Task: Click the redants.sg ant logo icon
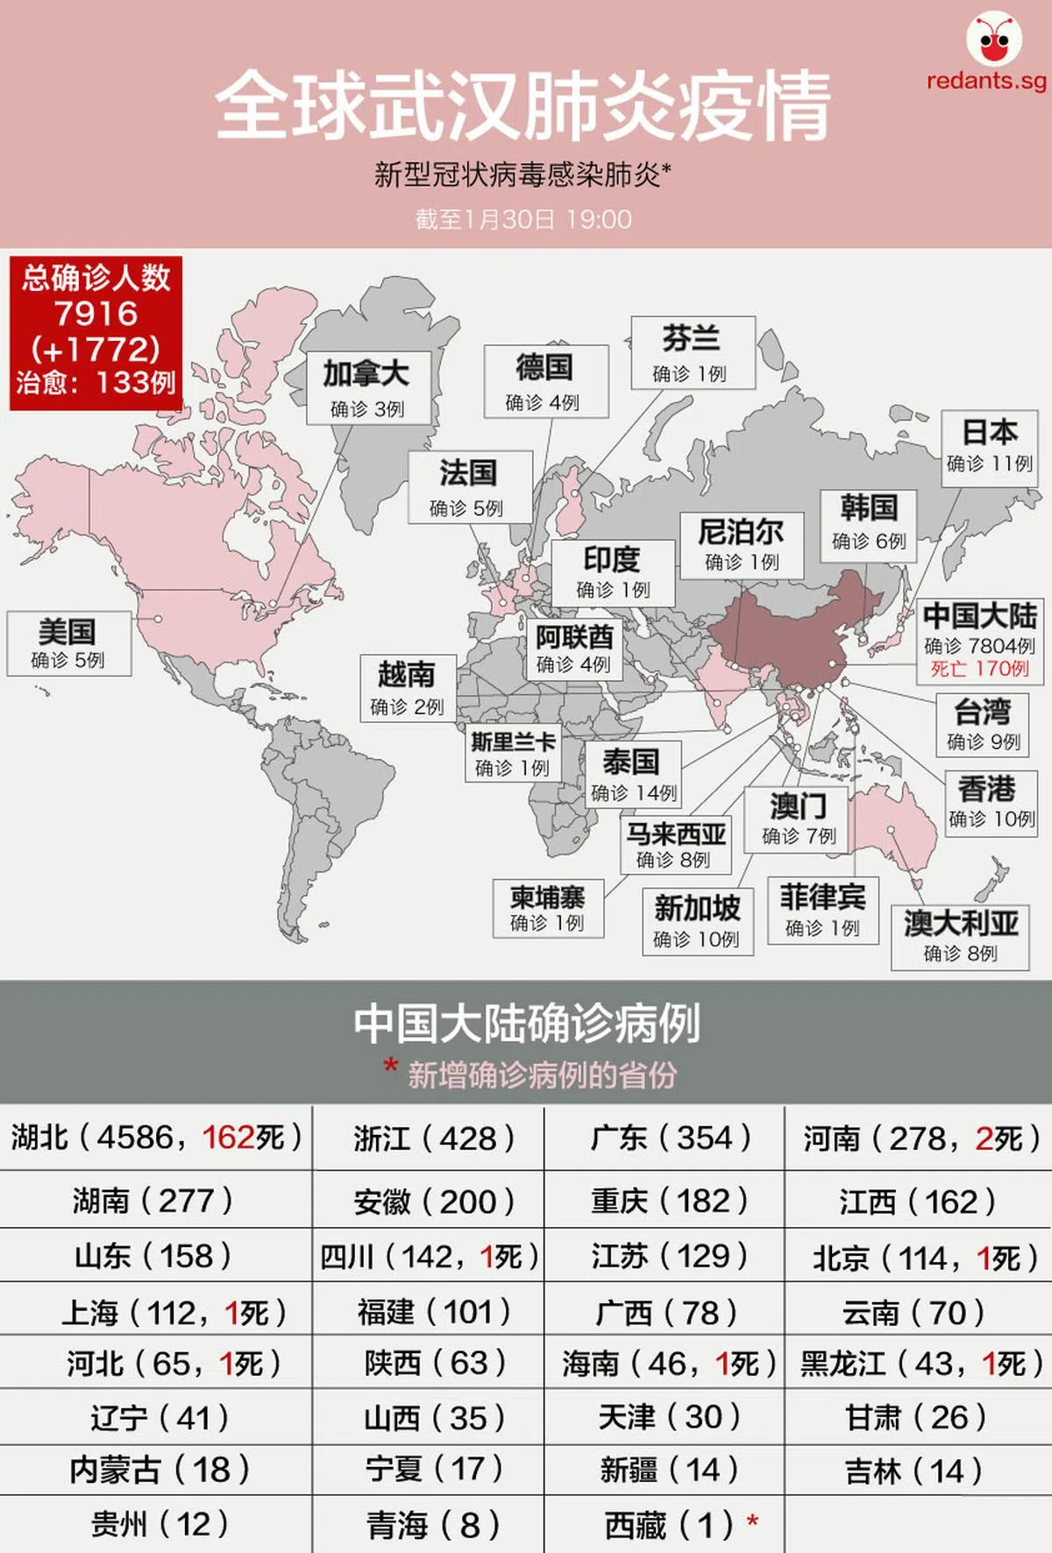993,39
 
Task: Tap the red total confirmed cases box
96,332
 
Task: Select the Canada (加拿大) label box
367,387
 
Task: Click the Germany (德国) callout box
545,380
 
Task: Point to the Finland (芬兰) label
692,352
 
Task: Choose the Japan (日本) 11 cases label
989,447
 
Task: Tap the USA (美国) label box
68,643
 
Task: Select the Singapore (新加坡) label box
697,921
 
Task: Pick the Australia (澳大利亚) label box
960,937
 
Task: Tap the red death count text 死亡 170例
979,670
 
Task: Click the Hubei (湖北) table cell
156,1138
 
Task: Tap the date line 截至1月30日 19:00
523,219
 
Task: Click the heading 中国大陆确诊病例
526,1024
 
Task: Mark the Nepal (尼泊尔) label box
742,544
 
